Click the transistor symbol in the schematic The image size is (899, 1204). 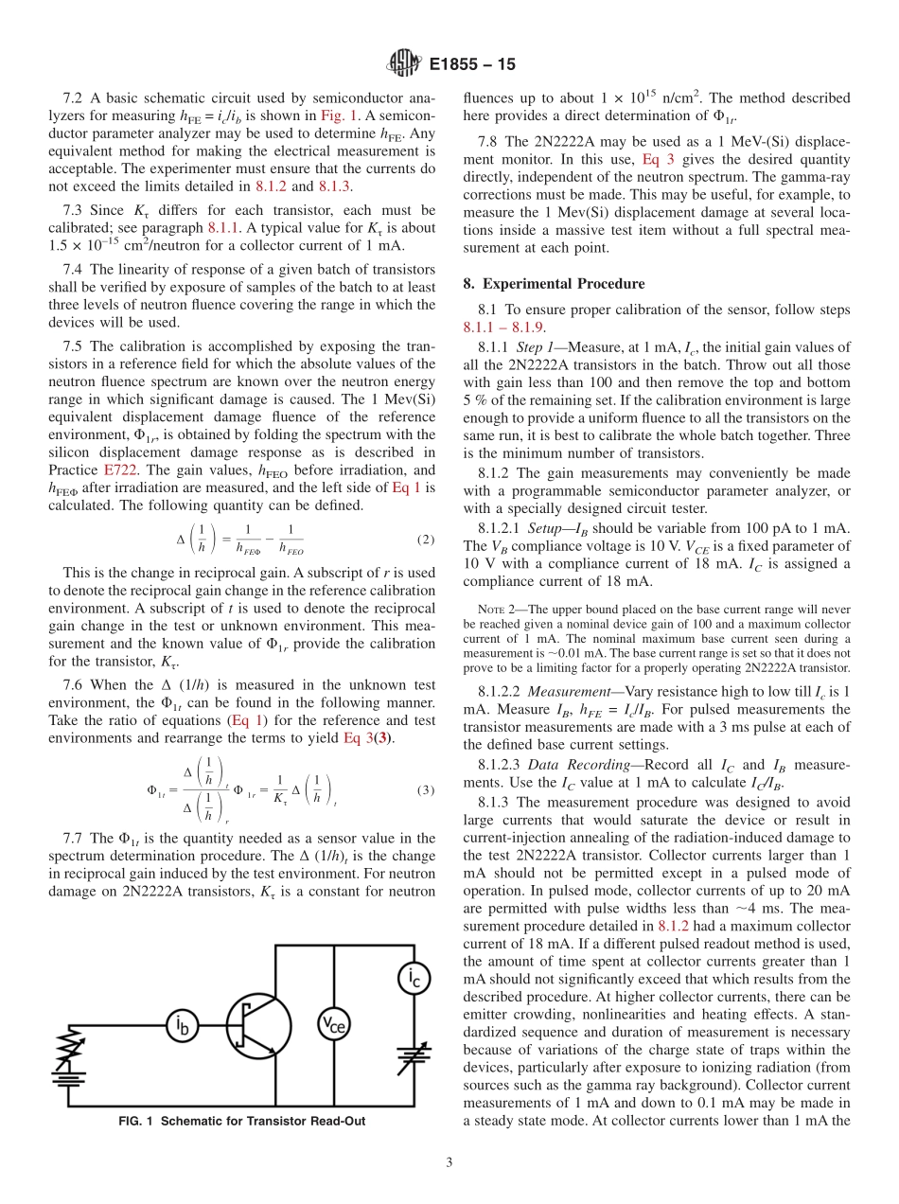click(x=258, y=1023)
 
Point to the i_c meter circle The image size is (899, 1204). click(x=414, y=979)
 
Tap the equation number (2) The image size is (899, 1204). click(x=426, y=540)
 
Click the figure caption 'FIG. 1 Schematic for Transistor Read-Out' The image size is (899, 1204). click(x=241, y=1121)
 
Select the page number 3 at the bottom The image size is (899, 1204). click(x=449, y=1162)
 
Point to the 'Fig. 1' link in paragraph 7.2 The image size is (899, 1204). click(x=336, y=115)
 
